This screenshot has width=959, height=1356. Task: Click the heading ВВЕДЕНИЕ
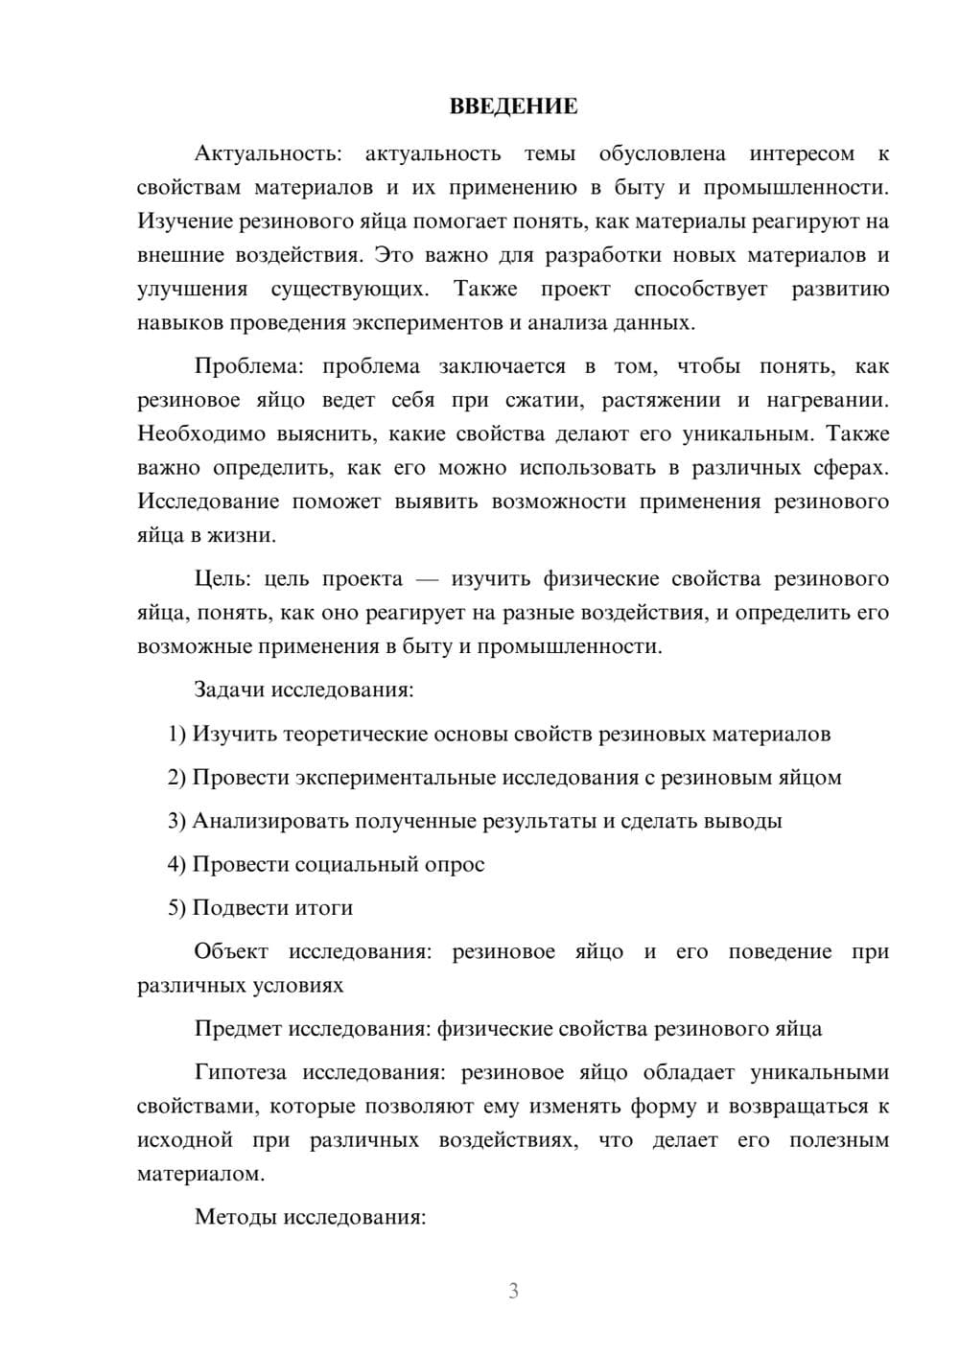(x=513, y=106)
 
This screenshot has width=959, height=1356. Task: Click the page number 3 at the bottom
(x=513, y=1291)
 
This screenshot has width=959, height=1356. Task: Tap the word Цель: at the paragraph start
(x=222, y=579)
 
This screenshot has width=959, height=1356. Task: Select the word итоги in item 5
(x=325, y=908)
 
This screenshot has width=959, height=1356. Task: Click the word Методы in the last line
(x=230, y=1218)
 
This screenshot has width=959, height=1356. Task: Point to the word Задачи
(x=229, y=690)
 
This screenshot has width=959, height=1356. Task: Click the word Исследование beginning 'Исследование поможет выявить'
(x=208, y=502)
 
